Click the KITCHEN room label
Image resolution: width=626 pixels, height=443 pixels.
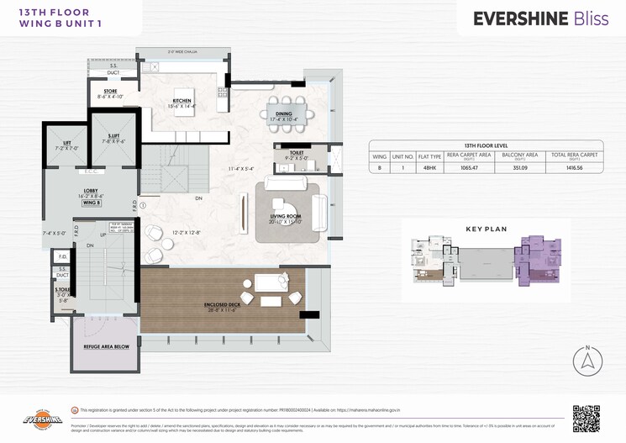pos(182,101)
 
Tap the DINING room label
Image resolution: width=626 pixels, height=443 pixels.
pos(284,114)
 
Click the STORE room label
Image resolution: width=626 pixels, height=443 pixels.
pos(110,92)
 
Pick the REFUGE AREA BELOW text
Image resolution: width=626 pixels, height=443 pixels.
pos(105,346)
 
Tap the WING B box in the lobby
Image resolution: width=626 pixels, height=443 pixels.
pos(92,203)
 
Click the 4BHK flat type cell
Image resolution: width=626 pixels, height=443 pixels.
pos(429,168)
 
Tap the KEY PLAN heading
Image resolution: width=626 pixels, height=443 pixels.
pos(485,228)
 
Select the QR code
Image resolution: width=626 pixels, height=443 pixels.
pos(587,418)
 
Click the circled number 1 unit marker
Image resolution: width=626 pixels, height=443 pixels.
pos(143,204)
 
